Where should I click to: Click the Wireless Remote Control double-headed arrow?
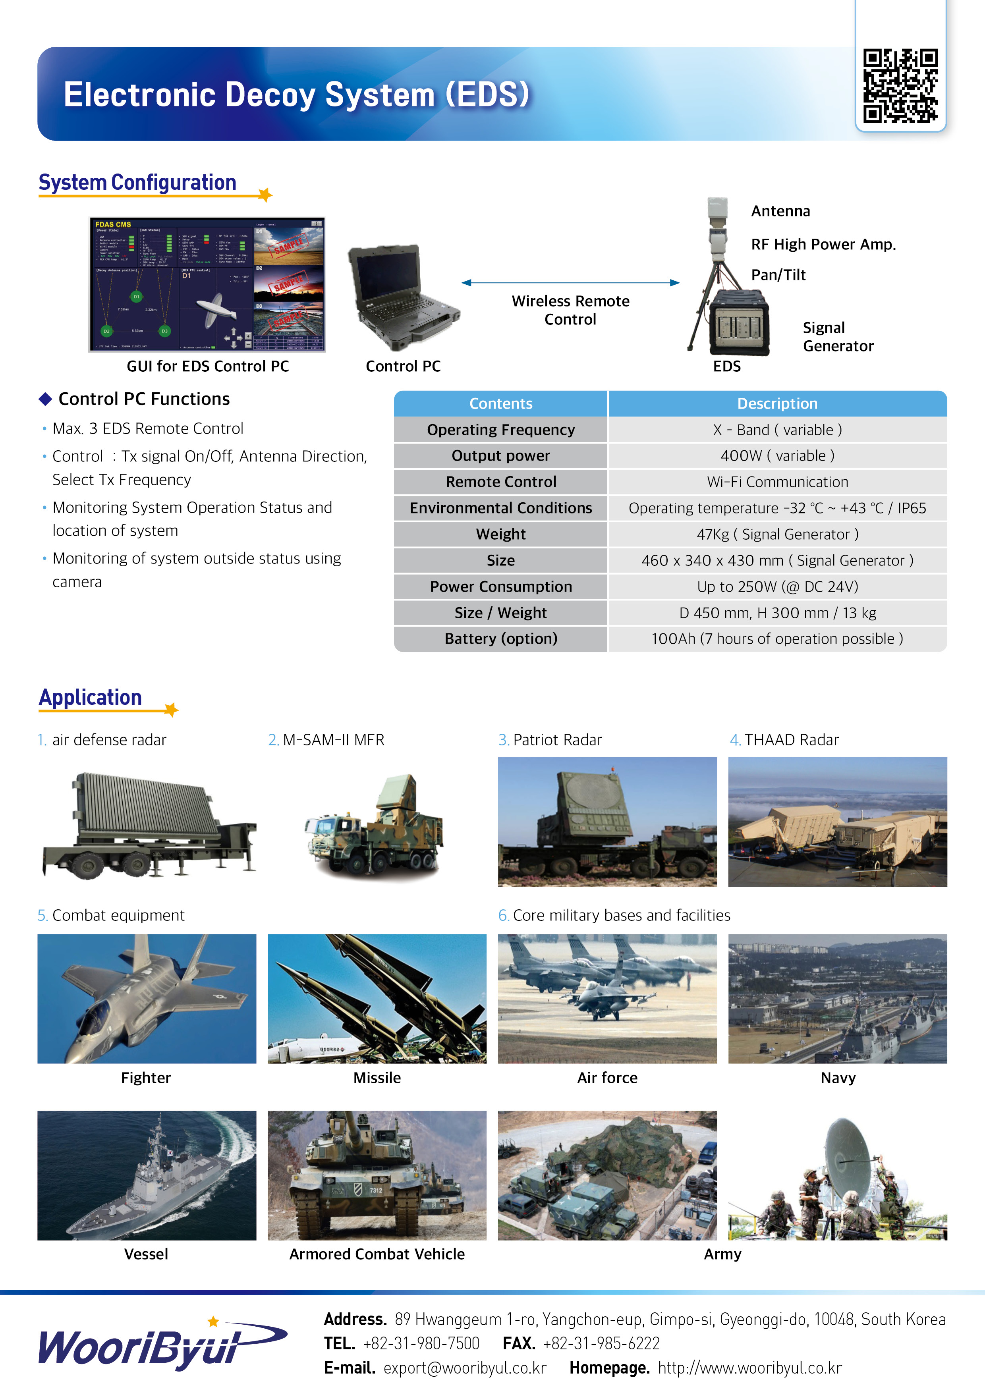570,283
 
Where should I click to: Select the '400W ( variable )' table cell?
777,455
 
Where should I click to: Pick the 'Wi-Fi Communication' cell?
777,482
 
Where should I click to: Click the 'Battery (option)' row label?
501,639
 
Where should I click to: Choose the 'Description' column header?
777,403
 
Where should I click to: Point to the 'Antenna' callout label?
780,211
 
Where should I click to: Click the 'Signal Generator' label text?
838,337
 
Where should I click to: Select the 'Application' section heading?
91,698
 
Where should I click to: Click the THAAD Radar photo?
838,822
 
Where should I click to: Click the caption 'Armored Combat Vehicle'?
377,1254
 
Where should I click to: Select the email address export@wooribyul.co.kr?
465,1368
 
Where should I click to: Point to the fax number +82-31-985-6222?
601,1344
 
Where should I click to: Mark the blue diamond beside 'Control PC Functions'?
45,399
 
